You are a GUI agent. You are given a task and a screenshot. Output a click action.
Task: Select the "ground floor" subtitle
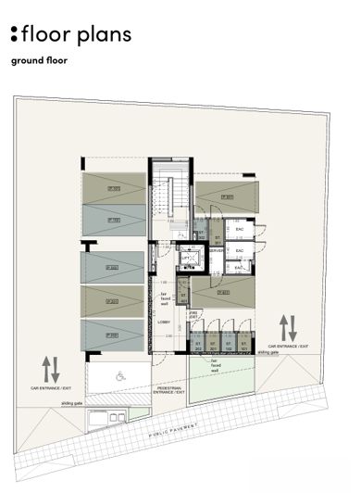coord(40,63)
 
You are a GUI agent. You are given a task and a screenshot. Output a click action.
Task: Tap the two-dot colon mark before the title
coord(14,35)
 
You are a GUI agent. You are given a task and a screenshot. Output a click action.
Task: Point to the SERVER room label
coord(216,250)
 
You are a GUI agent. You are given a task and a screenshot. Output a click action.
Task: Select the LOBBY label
coord(164,322)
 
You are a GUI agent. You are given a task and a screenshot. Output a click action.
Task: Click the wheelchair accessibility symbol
coord(121,377)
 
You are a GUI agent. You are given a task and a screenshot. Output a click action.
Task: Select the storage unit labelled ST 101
coord(244,349)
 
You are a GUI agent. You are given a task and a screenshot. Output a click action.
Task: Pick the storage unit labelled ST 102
coord(229,349)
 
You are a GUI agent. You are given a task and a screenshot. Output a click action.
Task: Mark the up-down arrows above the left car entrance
coord(51,370)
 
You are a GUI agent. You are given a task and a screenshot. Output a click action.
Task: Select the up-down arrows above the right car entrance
coord(288,327)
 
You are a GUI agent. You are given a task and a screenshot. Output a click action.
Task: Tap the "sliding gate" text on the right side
coord(268,353)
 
